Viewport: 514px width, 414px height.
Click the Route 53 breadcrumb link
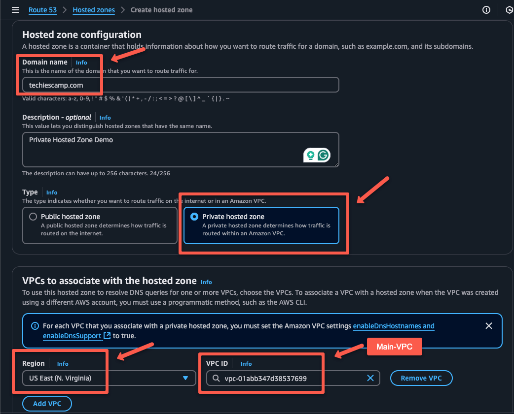[42, 10]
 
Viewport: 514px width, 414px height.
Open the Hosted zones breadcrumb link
[94, 10]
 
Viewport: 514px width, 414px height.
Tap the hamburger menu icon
[15, 10]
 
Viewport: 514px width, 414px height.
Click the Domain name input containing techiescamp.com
[181, 85]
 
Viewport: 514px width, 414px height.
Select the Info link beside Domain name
[81, 63]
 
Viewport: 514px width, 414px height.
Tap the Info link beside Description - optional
[105, 118]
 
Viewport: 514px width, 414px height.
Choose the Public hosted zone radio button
[33, 217]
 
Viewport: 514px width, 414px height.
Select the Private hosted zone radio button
[194, 217]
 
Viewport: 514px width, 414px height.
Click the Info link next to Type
[52, 192]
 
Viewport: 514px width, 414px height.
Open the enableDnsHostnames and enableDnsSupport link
[394, 326]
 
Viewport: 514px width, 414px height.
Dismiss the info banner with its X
[489, 326]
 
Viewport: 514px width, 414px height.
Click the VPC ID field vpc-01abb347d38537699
[286, 378]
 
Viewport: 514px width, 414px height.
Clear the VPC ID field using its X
[370, 378]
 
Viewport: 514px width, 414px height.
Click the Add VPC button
[47, 404]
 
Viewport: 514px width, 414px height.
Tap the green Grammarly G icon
[324, 156]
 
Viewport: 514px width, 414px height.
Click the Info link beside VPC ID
[246, 364]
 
